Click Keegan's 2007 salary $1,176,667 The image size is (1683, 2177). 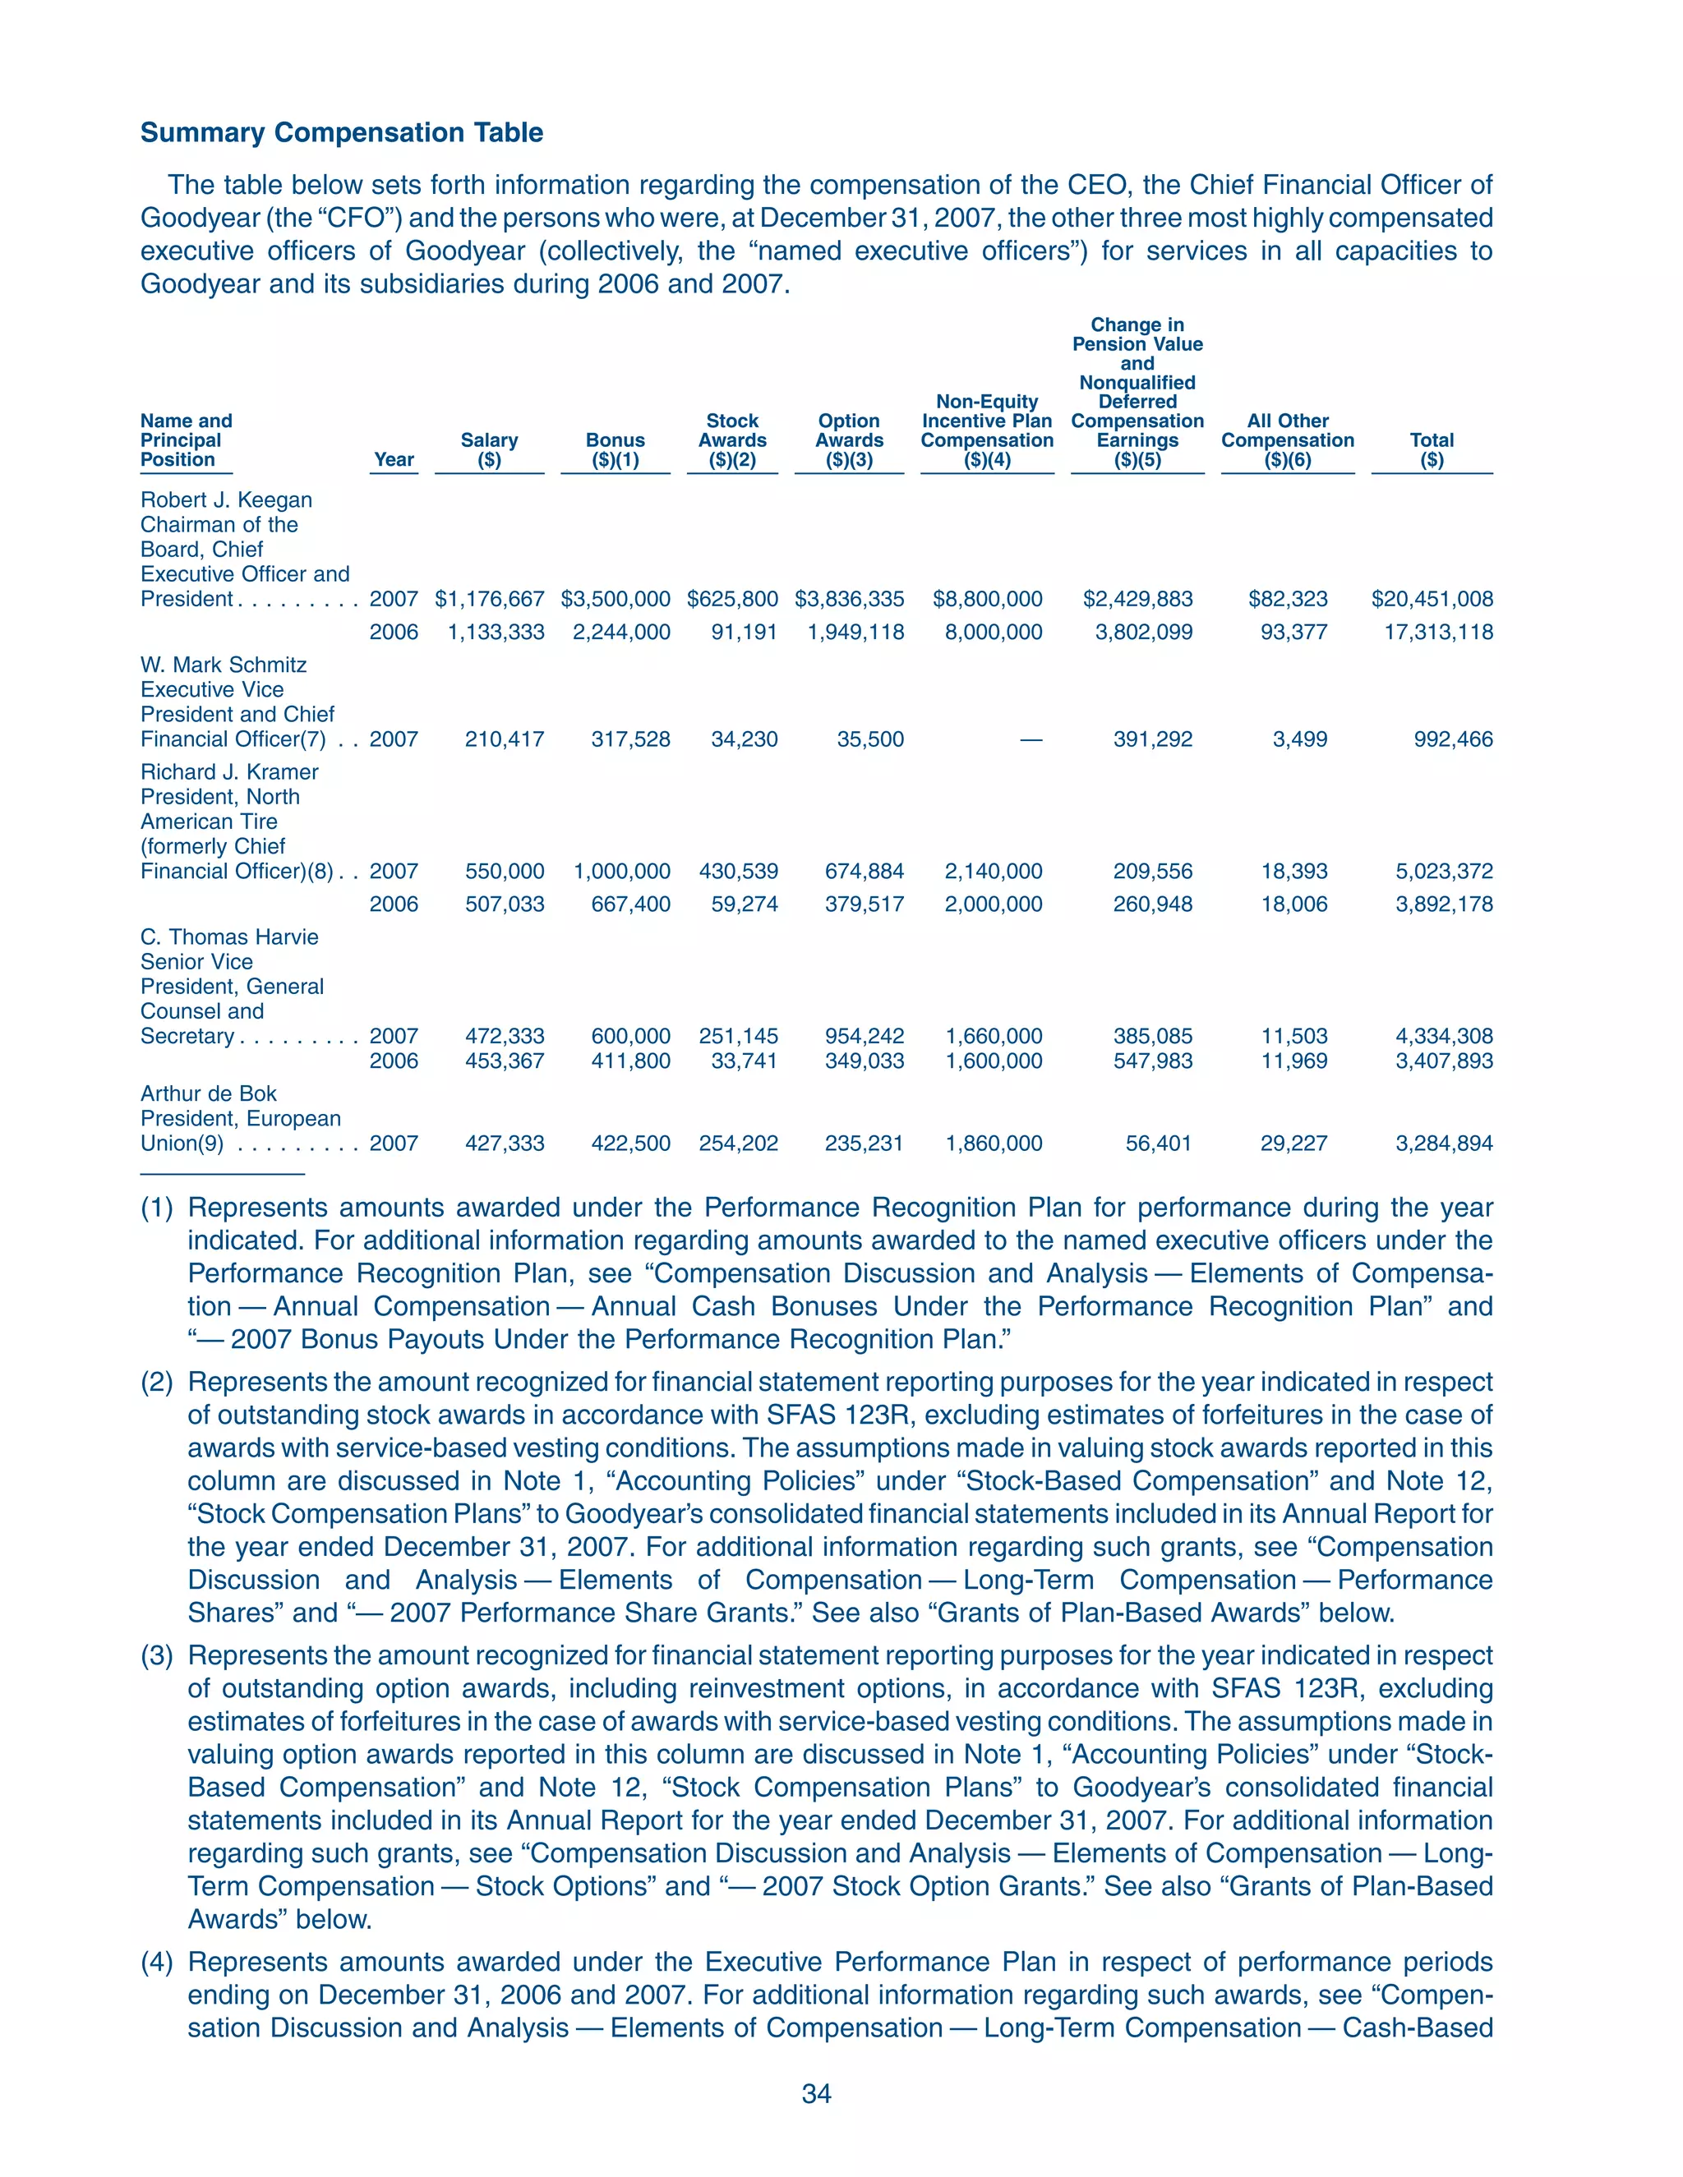point(490,599)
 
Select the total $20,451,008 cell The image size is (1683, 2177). point(1432,599)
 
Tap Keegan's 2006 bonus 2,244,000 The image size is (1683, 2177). point(621,632)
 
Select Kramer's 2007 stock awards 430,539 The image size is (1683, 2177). point(738,871)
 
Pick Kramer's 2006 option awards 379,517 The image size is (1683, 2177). point(864,904)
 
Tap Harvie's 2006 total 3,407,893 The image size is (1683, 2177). point(1444,1061)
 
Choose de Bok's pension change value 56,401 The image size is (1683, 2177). point(1158,1144)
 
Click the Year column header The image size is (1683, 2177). point(394,459)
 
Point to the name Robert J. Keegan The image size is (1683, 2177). point(226,500)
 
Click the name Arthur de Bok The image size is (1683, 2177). point(209,1093)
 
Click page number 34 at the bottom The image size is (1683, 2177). point(817,2093)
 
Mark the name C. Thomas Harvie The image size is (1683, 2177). point(229,937)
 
